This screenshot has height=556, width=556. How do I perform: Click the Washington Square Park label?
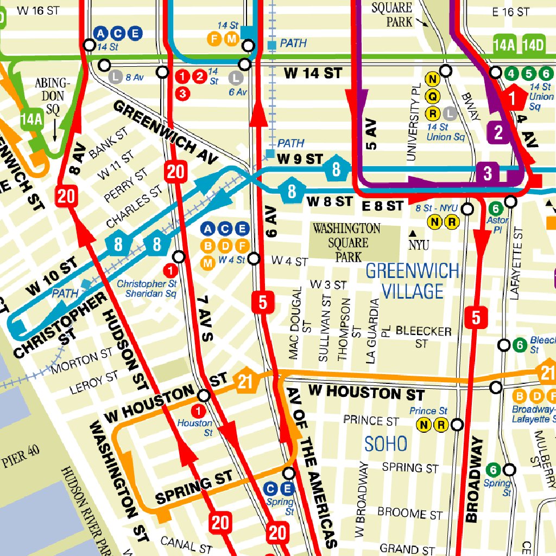coord(346,242)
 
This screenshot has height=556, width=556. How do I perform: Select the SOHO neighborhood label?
coord(386,444)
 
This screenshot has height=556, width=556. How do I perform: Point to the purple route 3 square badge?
coord(487,173)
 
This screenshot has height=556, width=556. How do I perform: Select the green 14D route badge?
coord(533,45)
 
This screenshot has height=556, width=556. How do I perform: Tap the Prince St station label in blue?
coord(428,411)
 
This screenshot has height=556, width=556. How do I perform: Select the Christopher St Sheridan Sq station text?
coord(147,289)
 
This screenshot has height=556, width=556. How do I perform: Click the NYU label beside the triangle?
coord(419,246)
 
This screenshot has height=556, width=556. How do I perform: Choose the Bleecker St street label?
coord(424,337)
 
